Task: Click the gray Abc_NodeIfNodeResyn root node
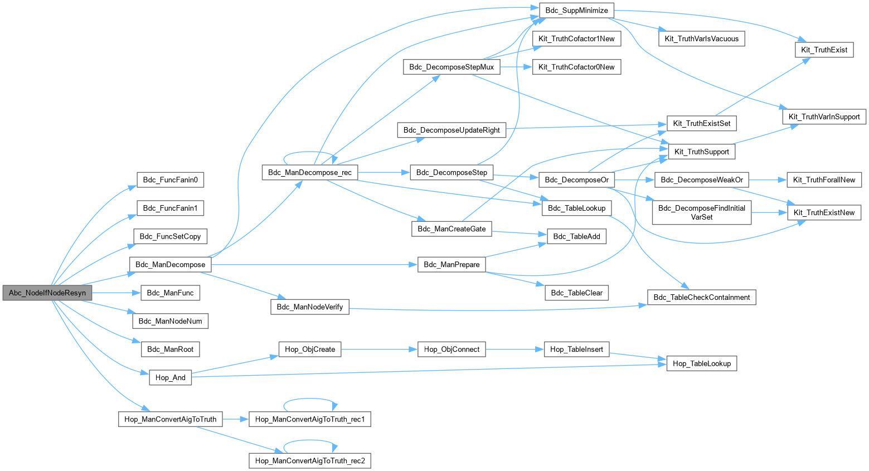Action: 47,293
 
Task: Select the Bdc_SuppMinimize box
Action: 576,10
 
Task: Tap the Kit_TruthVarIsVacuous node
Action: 701,38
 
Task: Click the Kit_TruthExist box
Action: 824,50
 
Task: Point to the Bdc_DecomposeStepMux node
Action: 452,67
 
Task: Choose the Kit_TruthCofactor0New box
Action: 576,67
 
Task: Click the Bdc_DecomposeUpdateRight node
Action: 452,130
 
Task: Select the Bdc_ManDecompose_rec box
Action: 310,172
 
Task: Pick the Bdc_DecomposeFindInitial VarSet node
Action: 701,212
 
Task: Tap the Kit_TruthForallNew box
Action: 824,179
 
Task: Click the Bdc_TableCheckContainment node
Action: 701,297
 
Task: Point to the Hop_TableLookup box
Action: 701,363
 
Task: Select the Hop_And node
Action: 170,377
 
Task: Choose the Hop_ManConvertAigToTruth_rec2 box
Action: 310,460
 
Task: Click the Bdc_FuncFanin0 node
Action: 170,179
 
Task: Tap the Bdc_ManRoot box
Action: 170,349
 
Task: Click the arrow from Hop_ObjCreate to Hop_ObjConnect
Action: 379,349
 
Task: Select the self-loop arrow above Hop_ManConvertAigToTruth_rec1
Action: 310,400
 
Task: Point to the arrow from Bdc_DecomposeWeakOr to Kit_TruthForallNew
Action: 768,179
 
